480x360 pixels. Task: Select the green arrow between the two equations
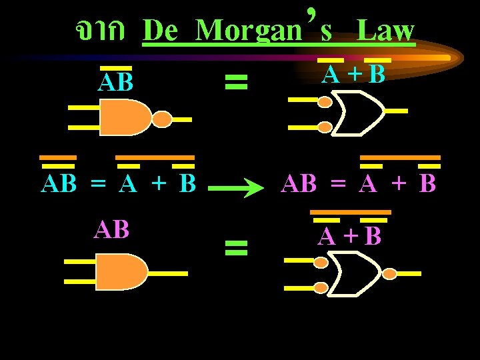click(x=237, y=189)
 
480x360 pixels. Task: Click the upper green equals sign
click(x=236, y=82)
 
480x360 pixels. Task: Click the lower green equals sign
click(x=236, y=249)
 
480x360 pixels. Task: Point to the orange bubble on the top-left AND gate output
click(x=162, y=119)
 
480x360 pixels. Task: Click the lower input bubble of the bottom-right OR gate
click(x=321, y=287)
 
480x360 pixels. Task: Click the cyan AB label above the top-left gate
click(x=115, y=83)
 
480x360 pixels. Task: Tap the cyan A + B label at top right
click(x=354, y=75)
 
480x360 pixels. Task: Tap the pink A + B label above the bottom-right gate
click(x=350, y=236)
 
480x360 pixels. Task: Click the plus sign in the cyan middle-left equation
click(x=157, y=184)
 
